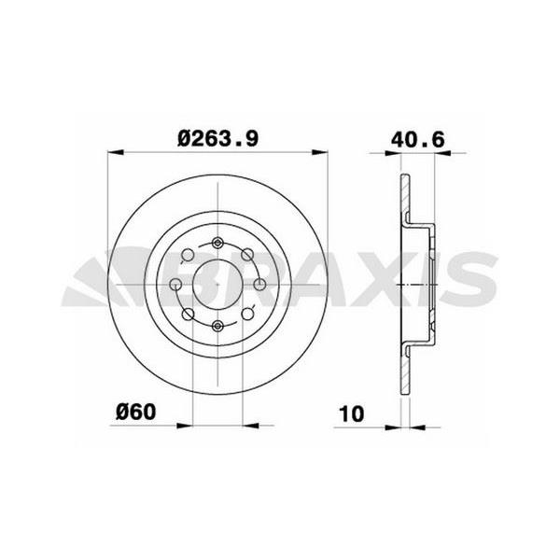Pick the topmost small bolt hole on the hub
[217, 245]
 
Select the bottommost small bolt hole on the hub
[217, 324]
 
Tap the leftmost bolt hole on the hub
[175, 284]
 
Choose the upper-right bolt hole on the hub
[246, 254]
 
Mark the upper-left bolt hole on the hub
[188, 254]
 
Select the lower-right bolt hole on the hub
[246, 314]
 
